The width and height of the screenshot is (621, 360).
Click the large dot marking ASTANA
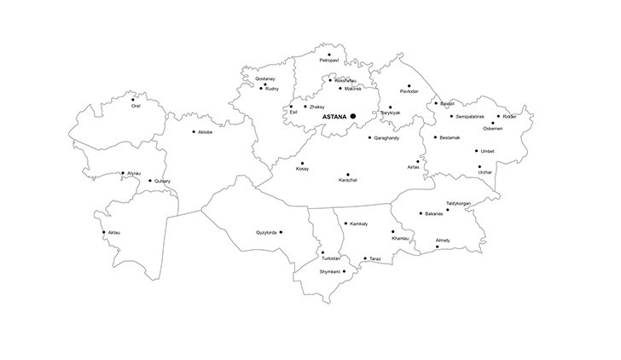click(352, 116)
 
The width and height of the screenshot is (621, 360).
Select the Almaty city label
click(443, 241)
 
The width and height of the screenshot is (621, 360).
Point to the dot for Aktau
click(105, 232)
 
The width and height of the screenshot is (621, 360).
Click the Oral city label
click(136, 106)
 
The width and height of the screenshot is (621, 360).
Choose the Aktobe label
click(206, 132)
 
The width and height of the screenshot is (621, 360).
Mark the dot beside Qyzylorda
click(281, 231)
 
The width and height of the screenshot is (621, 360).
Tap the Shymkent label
click(330, 271)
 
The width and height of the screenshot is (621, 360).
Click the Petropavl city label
click(329, 61)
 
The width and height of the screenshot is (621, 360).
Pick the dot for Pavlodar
click(409, 85)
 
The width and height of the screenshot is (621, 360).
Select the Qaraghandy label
click(386, 137)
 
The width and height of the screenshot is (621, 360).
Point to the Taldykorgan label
click(458, 203)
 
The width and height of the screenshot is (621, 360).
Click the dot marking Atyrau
click(123, 173)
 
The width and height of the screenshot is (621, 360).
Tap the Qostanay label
click(264, 78)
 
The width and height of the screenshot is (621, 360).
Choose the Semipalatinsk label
click(470, 115)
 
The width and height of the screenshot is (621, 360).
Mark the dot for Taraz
click(365, 258)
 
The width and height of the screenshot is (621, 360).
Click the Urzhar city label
click(485, 172)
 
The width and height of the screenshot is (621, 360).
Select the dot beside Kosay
click(302, 163)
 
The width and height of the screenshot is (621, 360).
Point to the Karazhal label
click(348, 180)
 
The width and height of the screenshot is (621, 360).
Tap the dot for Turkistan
click(322, 253)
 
